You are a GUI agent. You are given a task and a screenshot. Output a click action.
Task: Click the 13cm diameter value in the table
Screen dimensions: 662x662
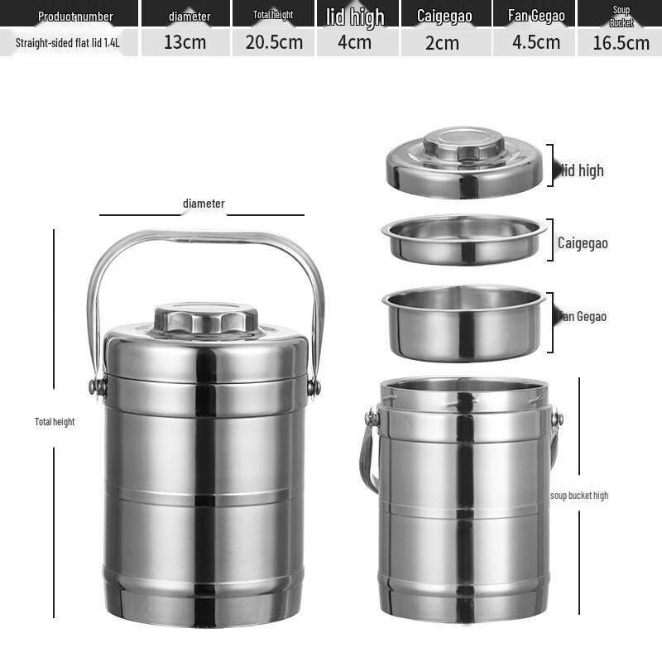pyautogui.click(x=185, y=42)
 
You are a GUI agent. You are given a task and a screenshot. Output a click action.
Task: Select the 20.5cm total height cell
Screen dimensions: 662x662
pyautogui.click(x=274, y=42)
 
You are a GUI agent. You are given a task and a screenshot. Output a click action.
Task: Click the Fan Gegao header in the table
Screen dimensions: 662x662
pyautogui.click(x=536, y=16)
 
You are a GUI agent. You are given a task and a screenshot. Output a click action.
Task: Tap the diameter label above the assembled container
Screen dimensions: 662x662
pyautogui.click(x=204, y=204)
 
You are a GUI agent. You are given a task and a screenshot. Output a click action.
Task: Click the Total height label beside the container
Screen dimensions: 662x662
pyautogui.click(x=55, y=422)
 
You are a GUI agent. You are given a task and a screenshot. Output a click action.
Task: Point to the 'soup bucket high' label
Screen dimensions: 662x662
pyautogui.click(x=579, y=496)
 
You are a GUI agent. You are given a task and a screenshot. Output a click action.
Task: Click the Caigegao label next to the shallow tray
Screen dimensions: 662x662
pyautogui.click(x=583, y=243)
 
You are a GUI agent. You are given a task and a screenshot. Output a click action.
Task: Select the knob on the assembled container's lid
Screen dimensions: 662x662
pyautogui.click(x=206, y=318)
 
